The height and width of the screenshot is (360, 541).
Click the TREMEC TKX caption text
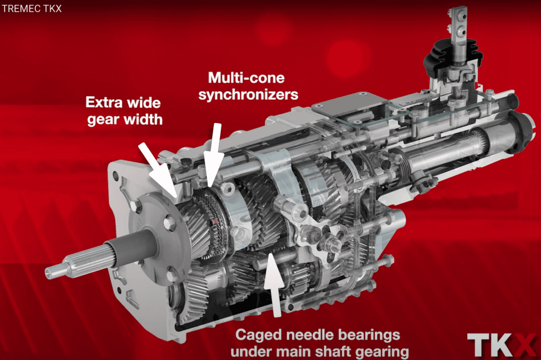click(32, 8)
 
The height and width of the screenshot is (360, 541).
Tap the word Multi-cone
click(246, 78)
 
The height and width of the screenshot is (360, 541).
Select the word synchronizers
click(248, 95)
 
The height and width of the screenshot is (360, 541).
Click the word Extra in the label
click(103, 103)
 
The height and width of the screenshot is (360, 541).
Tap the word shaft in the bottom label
click(333, 352)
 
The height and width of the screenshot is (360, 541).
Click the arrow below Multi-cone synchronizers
click(214, 155)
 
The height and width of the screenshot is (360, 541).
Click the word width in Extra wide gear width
click(143, 119)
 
